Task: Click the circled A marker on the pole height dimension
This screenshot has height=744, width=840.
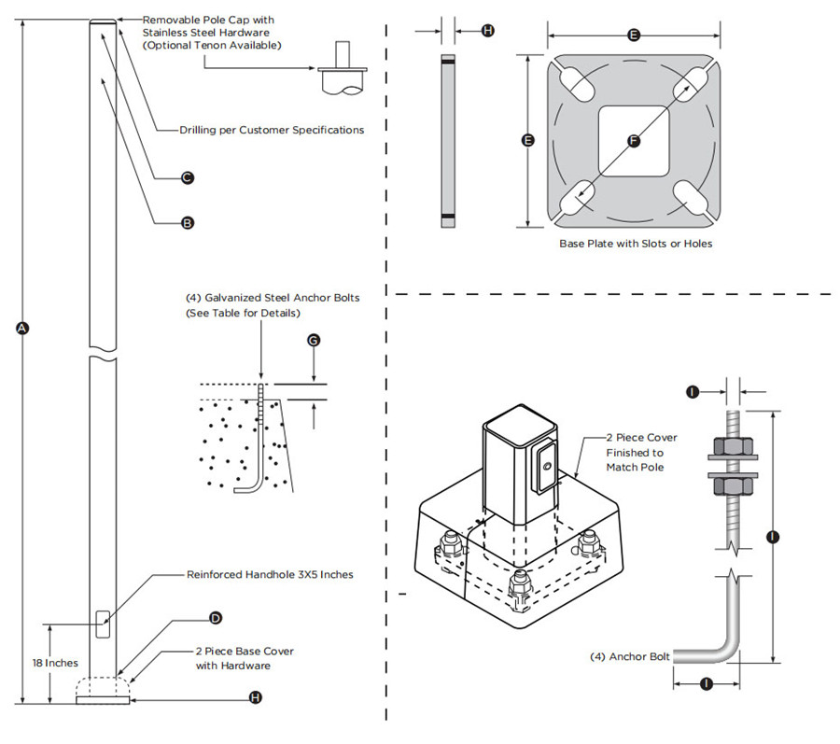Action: (x=22, y=328)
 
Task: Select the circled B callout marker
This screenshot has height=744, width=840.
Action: (x=187, y=223)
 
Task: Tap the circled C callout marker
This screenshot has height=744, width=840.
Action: (x=187, y=176)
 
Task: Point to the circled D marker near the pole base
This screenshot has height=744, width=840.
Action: (x=216, y=618)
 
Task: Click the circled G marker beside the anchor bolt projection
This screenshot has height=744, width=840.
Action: (x=314, y=341)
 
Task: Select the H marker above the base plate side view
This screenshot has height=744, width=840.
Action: (x=487, y=31)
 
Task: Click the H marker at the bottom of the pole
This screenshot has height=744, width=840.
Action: (x=256, y=697)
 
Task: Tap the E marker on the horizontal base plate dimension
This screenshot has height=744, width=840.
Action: (x=634, y=35)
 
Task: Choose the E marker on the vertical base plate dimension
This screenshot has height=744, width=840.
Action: (x=528, y=140)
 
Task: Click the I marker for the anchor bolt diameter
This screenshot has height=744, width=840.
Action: (x=692, y=392)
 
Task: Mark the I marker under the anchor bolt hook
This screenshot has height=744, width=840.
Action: (x=707, y=683)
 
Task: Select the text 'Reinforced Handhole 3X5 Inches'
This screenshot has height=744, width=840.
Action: (x=270, y=575)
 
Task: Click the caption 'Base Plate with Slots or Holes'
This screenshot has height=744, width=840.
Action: (x=636, y=244)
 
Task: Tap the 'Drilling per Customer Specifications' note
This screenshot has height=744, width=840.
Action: (x=272, y=130)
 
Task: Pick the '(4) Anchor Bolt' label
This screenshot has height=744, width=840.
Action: (x=630, y=656)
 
